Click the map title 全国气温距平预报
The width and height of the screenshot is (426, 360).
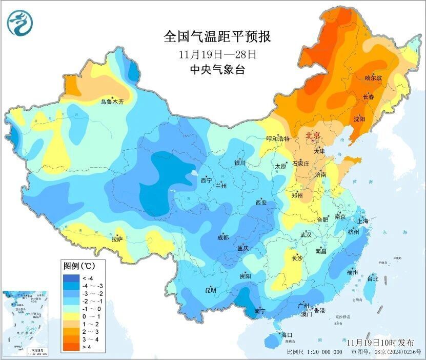217,37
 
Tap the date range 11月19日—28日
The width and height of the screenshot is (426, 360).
217,54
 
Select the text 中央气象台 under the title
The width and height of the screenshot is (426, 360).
217,70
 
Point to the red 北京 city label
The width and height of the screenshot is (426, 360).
313,136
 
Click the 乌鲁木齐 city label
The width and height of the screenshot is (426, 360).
112,102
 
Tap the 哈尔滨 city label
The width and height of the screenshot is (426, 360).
373,78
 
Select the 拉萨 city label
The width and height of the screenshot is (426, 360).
117,239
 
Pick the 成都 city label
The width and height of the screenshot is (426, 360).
222,237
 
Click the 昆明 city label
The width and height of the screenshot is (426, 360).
211,290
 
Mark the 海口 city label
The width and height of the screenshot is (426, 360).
287,335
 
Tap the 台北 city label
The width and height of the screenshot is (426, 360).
373,279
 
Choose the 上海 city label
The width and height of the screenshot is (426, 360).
363,221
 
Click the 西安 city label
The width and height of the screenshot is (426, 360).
261,203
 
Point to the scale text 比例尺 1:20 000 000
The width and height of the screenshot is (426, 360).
314,353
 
